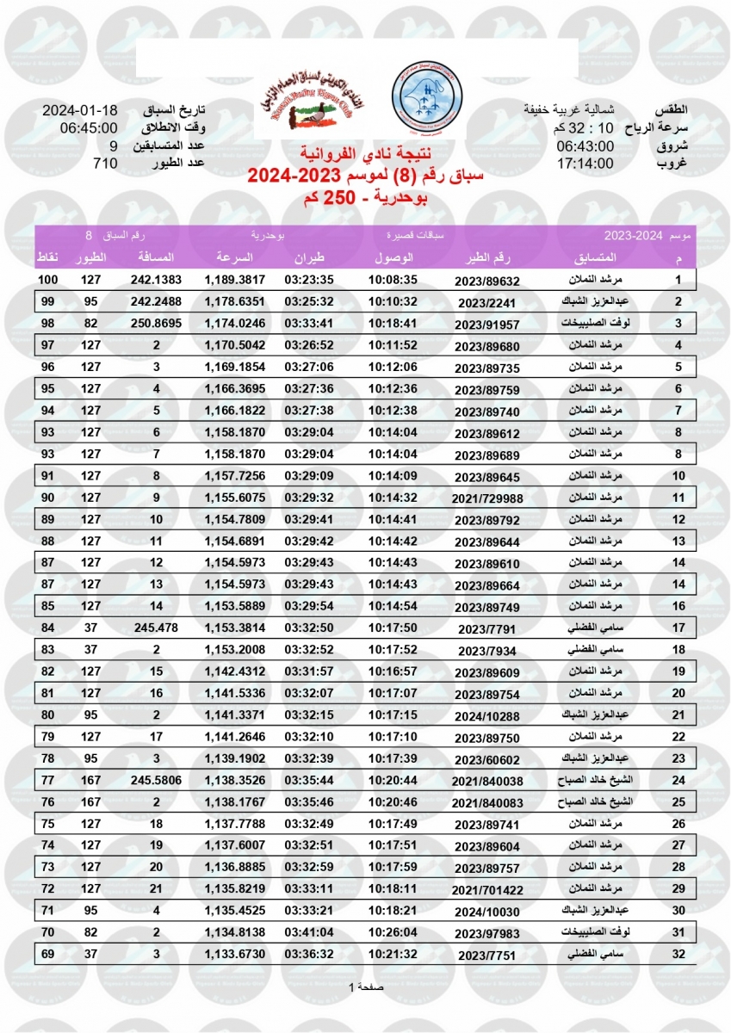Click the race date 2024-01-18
pos(79,112)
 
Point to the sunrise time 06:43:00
pos(585,146)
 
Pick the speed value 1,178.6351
pos(234,301)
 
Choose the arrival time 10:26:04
pos(393,933)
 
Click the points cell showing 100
pos(47,280)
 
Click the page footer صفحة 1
pos(368,987)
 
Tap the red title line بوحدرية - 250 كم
pos(366,201)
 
